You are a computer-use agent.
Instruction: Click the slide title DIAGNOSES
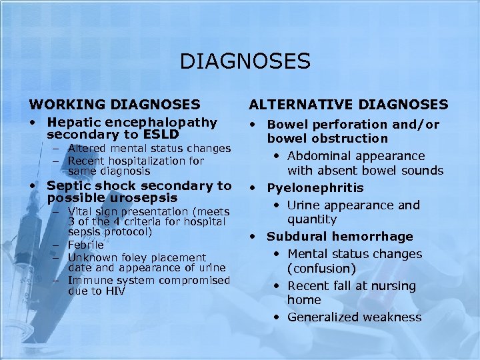pos(245,62)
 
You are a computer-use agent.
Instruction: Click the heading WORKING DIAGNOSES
pos(114,104)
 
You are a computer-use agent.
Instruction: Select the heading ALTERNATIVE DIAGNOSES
pos(348,104)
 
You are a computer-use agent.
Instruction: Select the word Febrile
pos(86,245)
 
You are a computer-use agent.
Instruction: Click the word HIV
pos(115,291)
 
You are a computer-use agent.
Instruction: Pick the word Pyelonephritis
pos(315,188)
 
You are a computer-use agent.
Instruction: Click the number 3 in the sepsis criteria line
pos(71,221)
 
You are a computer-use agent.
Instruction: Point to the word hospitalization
pos(145,161)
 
